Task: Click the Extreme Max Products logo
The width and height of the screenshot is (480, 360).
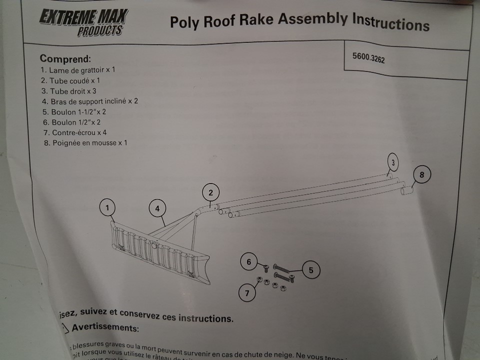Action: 83,21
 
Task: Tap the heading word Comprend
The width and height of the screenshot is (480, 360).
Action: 65,59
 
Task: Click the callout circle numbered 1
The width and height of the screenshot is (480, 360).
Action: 107,207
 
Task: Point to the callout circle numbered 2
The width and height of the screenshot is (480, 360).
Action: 211,192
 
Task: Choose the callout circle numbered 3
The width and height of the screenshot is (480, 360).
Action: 393,162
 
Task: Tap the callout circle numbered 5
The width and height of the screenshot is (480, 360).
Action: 310,270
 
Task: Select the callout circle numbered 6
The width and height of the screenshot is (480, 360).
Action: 248,261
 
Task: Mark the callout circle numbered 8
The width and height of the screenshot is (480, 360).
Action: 421,175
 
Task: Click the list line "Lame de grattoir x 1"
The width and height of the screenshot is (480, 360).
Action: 78,70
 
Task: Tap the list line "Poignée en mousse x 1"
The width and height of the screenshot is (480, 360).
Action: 85,143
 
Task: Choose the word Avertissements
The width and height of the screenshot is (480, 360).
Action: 105,328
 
